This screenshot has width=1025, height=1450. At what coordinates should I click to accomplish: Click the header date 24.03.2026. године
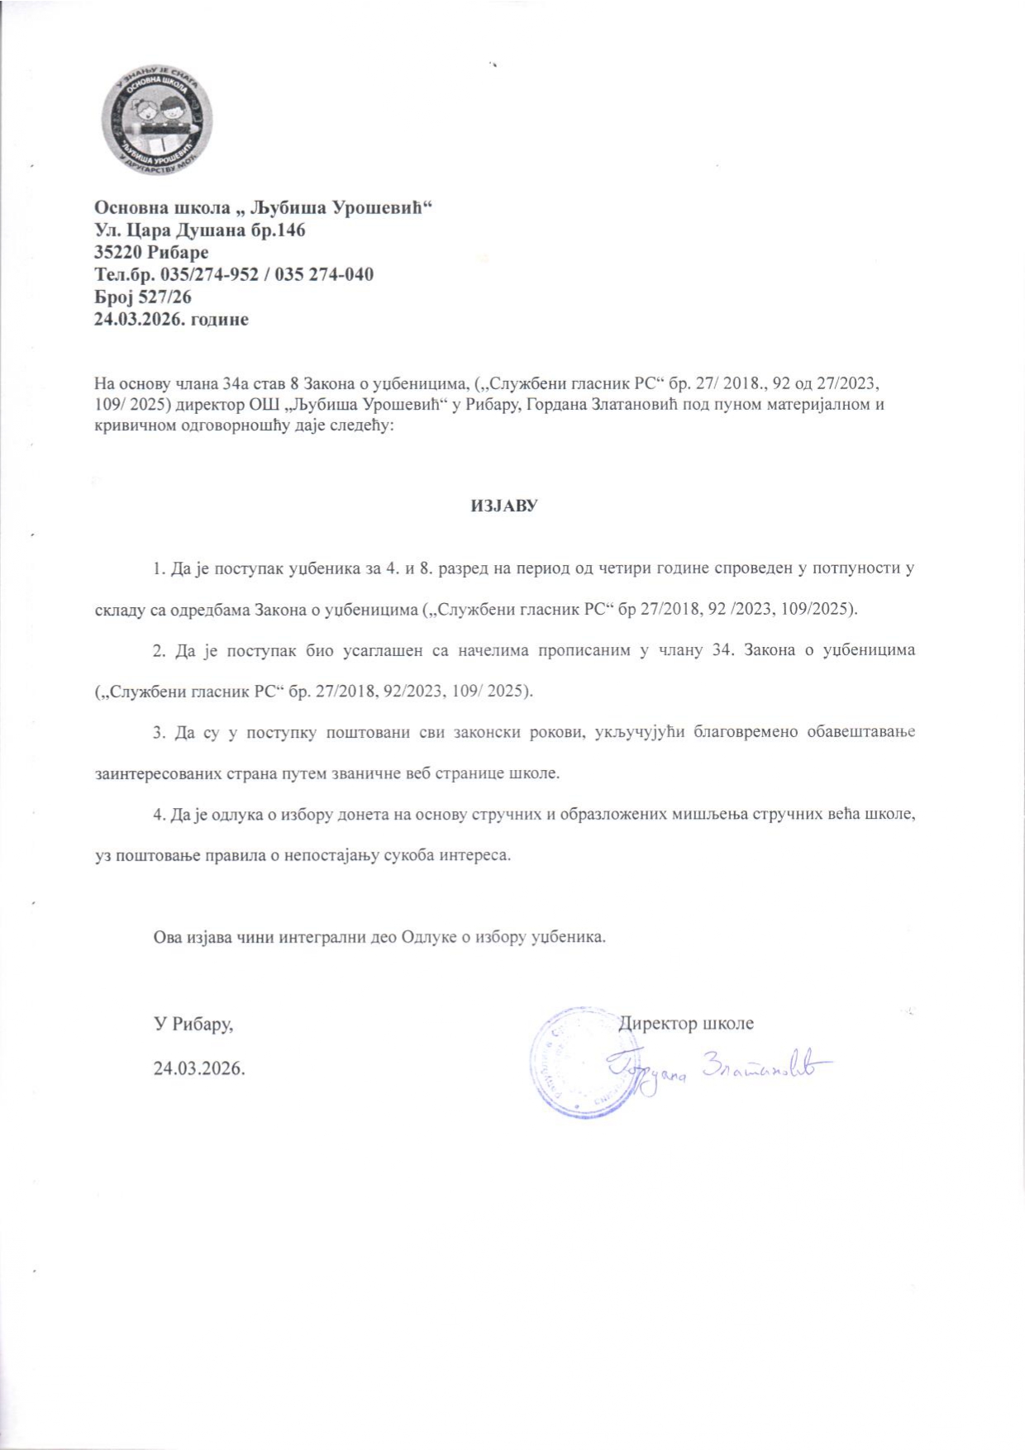click(172, 318)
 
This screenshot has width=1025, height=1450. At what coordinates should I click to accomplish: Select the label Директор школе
click(687, 1023)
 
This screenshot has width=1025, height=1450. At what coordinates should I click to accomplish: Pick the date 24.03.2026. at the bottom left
click(200, 1067)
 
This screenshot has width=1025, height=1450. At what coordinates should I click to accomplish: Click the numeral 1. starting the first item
click(159, 570)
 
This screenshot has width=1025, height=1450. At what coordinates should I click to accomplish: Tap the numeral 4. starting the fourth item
click(159, 814)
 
